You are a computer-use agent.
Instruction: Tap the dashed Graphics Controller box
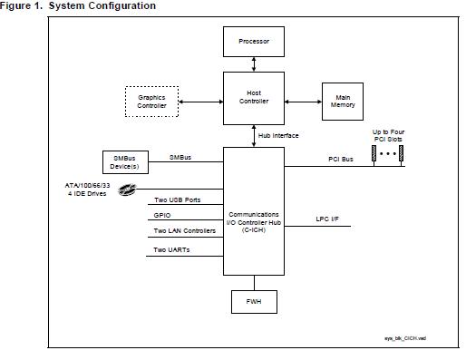(x=151, y=101)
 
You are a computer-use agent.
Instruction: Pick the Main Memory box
(x=344, y=101)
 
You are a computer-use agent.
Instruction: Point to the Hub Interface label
(x=280, y=135)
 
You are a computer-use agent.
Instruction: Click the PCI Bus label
(x=340, y=160)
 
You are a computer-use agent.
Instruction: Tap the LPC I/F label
(x=327, y=219)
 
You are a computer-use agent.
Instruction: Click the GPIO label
(x=163, y=216)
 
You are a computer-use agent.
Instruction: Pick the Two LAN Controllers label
(x=185, y=231)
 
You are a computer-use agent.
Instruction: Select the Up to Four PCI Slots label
(x=389, y=136)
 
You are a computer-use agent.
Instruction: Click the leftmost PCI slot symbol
(x=373, y=155)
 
